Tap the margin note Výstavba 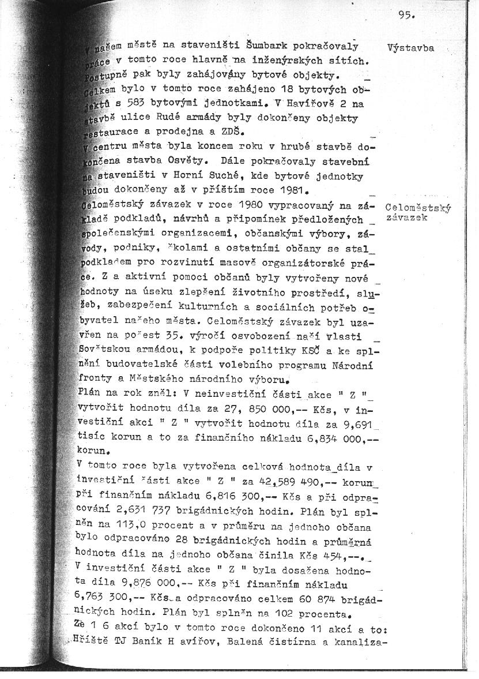click(410, 48)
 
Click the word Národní click(353, 365)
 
